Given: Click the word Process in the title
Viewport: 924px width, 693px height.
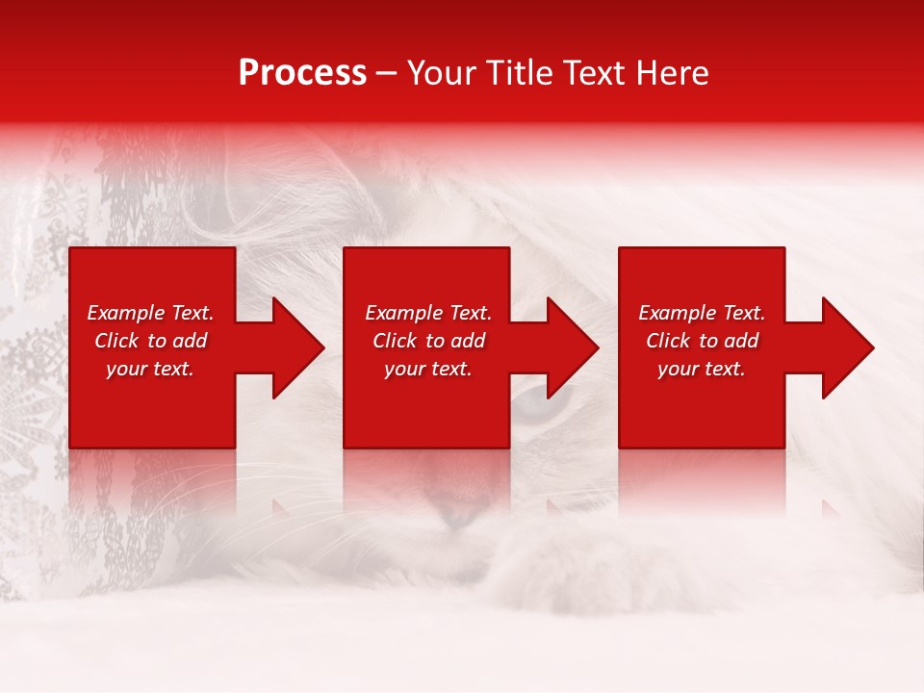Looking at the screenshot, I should tap(302, 73).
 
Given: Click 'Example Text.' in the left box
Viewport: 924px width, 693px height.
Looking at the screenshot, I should tap(150, 313).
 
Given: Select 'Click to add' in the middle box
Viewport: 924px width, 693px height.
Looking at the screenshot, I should tap(428, 341).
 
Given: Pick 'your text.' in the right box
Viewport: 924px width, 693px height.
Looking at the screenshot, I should tap(702, 369).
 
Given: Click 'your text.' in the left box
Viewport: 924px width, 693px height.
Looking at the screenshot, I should tap(150, 369).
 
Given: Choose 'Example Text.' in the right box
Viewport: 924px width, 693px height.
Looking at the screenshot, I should tap(702, 313).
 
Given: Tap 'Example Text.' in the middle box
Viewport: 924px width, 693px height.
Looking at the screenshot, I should tap(428, 313).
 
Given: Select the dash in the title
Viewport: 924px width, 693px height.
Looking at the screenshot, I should tap(387, 74).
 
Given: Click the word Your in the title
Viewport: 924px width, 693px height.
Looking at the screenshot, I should tap(441, 73).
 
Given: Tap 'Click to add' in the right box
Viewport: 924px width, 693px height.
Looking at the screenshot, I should tap(702, 341).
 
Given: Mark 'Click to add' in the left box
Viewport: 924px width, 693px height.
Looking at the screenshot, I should tap(150, 341).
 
